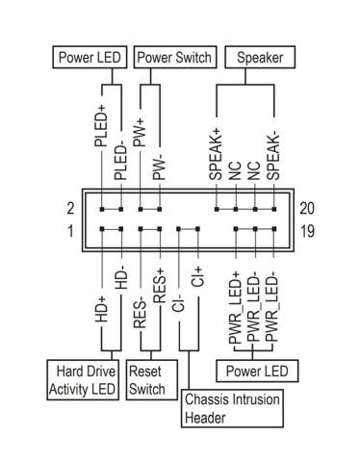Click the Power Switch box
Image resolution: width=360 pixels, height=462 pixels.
click(x=173, y=58)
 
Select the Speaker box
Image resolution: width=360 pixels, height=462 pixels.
click(x=256, y=58)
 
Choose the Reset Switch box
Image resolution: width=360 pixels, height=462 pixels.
click(x=146, y=379)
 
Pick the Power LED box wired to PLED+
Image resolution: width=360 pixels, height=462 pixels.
click(x=90, y=58)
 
